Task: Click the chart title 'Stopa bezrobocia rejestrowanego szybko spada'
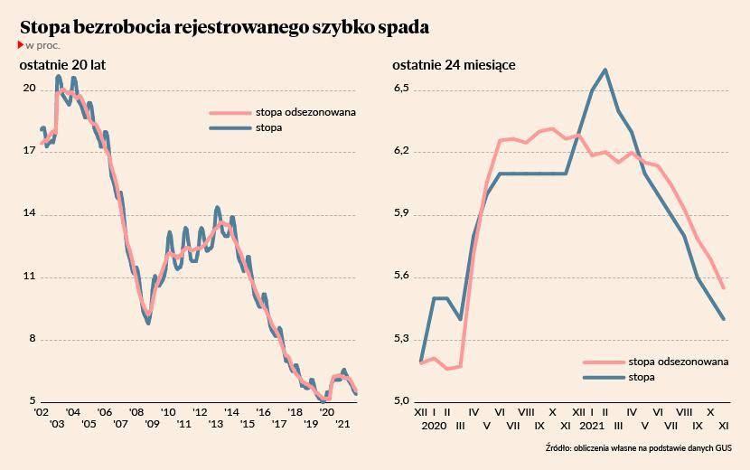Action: pos(224,27)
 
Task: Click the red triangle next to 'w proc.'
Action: pos(21,44)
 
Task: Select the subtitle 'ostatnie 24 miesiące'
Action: pos(454,65)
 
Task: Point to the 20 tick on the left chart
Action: pos(29,89)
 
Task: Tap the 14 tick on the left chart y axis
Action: pos(29,214)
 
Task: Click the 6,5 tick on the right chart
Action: pos(402,89)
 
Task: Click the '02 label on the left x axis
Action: pos(41,411)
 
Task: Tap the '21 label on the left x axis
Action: pos(342,425)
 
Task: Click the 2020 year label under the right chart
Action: pos(435,425)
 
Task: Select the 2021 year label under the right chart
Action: pos(592,425)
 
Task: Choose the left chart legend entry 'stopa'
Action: pos(268,128)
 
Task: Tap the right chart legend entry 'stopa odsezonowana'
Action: pos(678,361)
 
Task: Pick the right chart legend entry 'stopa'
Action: pos(642,377)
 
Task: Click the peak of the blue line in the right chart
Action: pos(605,70)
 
